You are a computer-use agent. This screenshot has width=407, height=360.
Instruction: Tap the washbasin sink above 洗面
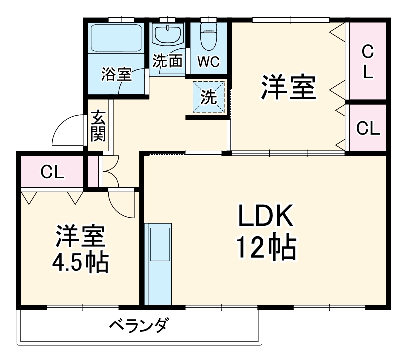click(x=167, y=34)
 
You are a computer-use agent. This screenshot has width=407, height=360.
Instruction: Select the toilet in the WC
click(x=208, y=33)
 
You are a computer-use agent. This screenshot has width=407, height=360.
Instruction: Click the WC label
click(x=208, y=62)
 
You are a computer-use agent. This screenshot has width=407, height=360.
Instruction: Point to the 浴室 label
click(x=116, y=74)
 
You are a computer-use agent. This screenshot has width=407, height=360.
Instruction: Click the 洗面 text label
click(x=167, y=61)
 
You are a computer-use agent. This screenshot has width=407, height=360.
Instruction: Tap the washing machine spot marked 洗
click(x=208, y=97)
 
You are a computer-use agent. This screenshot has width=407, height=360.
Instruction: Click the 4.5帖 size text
click(x=80, y=262)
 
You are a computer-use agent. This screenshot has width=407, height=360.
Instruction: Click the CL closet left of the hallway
click(x=52, y=173)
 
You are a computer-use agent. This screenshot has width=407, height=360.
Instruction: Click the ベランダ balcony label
click(x=138, y=326)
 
